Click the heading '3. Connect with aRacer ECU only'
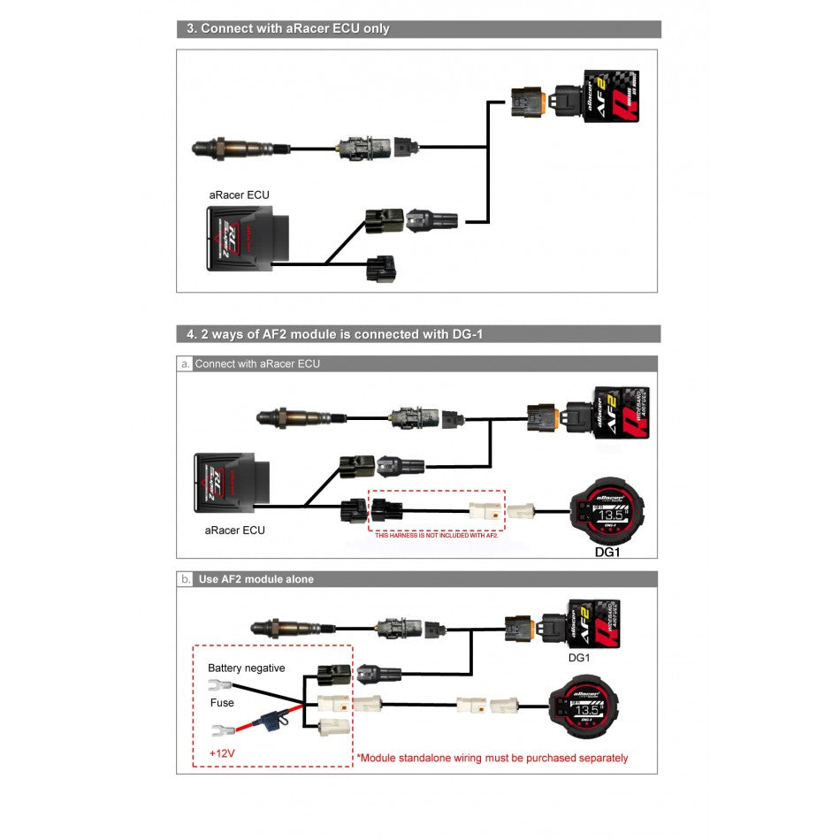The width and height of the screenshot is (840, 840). [x=288, y=28]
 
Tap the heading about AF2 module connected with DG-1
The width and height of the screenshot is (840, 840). [x=336, y=334]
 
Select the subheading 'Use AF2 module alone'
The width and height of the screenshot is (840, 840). [x=256, y=579]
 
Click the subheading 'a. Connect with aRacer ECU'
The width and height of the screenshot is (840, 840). [x=257, y=363]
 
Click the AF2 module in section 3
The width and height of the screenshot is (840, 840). [x=609, y=95]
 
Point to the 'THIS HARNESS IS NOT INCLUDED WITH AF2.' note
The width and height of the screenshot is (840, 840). [x=437, y=536]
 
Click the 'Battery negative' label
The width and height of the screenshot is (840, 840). [x=247, y=668]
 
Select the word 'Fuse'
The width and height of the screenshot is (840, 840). [x=222, y=703]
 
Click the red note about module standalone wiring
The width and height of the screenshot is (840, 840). [x=492, y=758]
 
